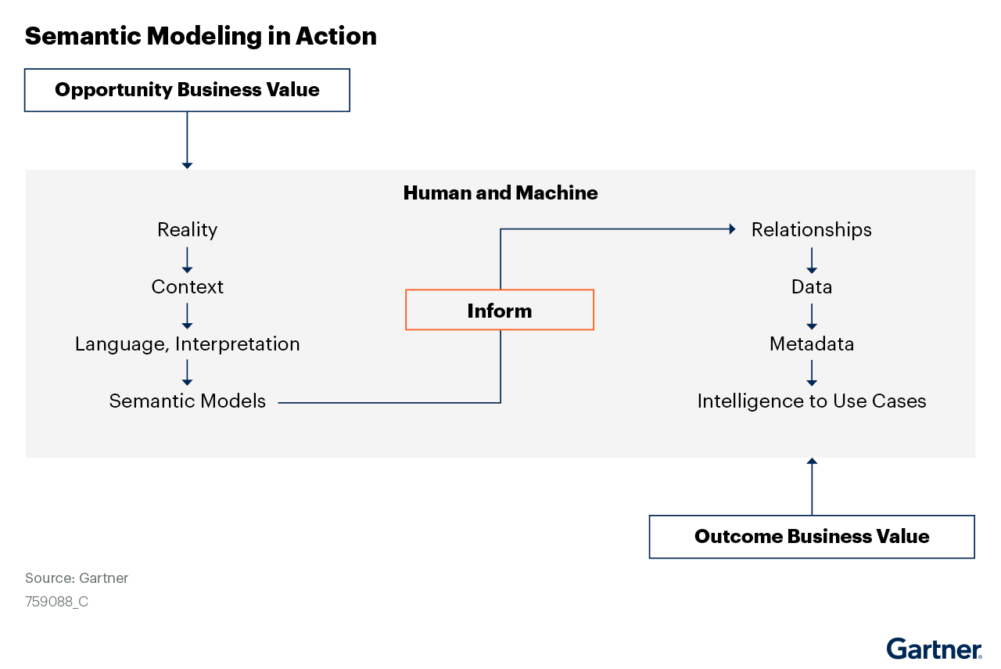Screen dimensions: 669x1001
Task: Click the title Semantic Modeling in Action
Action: click(200, 36)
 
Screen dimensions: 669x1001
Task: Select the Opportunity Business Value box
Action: click(187, 90)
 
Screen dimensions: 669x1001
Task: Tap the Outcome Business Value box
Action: click(812, 537)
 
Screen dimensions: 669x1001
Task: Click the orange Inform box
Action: click(500, 311)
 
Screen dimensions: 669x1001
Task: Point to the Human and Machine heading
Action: click(500, 193)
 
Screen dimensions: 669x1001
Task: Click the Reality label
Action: click(187, 230)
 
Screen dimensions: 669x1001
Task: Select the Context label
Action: click(187, 287)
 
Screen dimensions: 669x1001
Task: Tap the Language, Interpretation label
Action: click(187, 344)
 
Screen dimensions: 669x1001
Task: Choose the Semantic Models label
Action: click(187, 401)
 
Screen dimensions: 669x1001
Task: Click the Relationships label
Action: click(811, 230)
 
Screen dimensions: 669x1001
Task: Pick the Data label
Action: click(811, 287)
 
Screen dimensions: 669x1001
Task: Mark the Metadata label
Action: click(811, 344)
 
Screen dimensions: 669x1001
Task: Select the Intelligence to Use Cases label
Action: click(811, 401)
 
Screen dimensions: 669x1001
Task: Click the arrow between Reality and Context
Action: click(187, 260)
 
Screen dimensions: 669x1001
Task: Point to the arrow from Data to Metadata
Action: click(812, 316)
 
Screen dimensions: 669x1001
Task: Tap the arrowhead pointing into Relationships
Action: click(732, 229)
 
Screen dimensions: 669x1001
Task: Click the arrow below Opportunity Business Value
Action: click(187, 140)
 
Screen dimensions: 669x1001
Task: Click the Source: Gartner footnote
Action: click(77, 578)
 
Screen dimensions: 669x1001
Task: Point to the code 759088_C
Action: click(56, 602)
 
